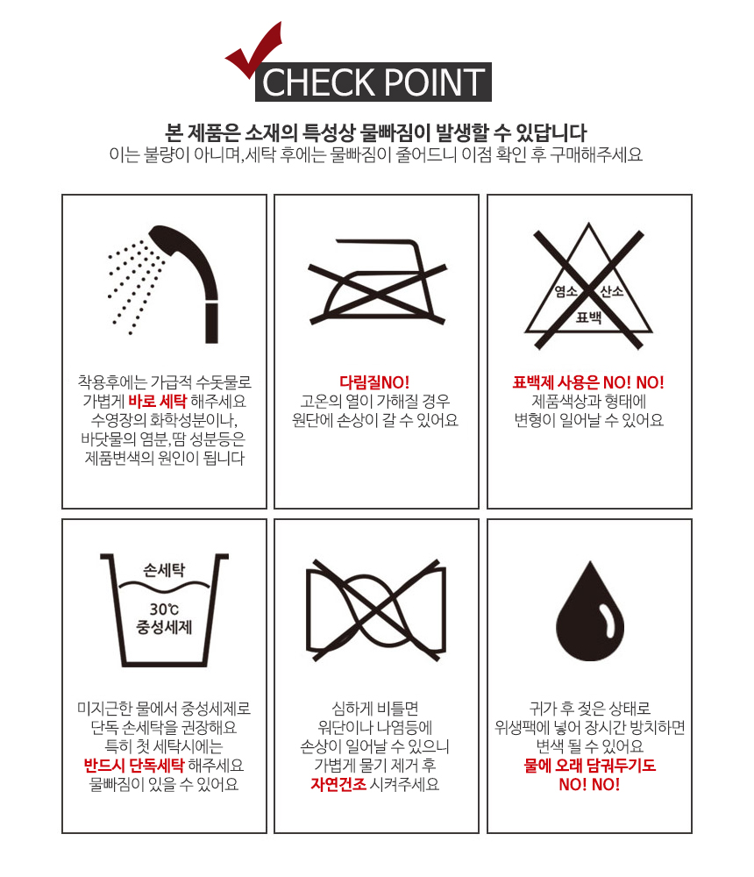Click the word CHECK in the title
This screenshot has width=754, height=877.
pyautogui.click(x=318, y=82)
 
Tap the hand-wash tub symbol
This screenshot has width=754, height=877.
pyautogui.click(x=164, y=610)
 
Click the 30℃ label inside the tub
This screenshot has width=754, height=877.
pyautogui.click(x=164, y=610)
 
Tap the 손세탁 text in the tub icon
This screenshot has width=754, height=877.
pyautogui.click(x=164, y=570)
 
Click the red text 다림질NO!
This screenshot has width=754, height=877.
pyautogui.click(x=374, y=382)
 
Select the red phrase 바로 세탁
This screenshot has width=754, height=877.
pyautogui.click(x=157, y=401)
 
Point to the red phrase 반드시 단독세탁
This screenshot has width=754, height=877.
pyautogui.click(x=133, y=765)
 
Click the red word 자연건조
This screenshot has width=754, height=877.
pyautogui.click(x=338, y=784)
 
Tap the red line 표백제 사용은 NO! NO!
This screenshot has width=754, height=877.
pyautogui.click(x=588, y=382)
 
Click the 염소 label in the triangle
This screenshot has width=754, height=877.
pyautogui.click(x=565, y=291)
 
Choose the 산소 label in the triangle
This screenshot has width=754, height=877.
pyautogui.click(x=611, y=291)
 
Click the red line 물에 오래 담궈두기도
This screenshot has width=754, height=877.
pyautogui.click(x=589, y=765)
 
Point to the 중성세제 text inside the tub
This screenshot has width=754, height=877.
pyautogui.click(x=164, y=627)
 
